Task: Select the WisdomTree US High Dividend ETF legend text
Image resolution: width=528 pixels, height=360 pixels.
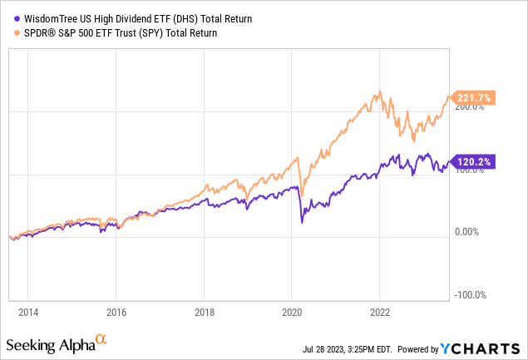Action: pos(116,18)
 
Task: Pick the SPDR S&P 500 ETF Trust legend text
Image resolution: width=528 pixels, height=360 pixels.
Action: pos(116,32)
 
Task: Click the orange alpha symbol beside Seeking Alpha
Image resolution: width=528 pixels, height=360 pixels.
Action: pos(101,340)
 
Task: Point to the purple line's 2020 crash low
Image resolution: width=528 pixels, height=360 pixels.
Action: pos(302,223)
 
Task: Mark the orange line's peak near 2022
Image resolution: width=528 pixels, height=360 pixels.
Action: pos(380,91)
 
